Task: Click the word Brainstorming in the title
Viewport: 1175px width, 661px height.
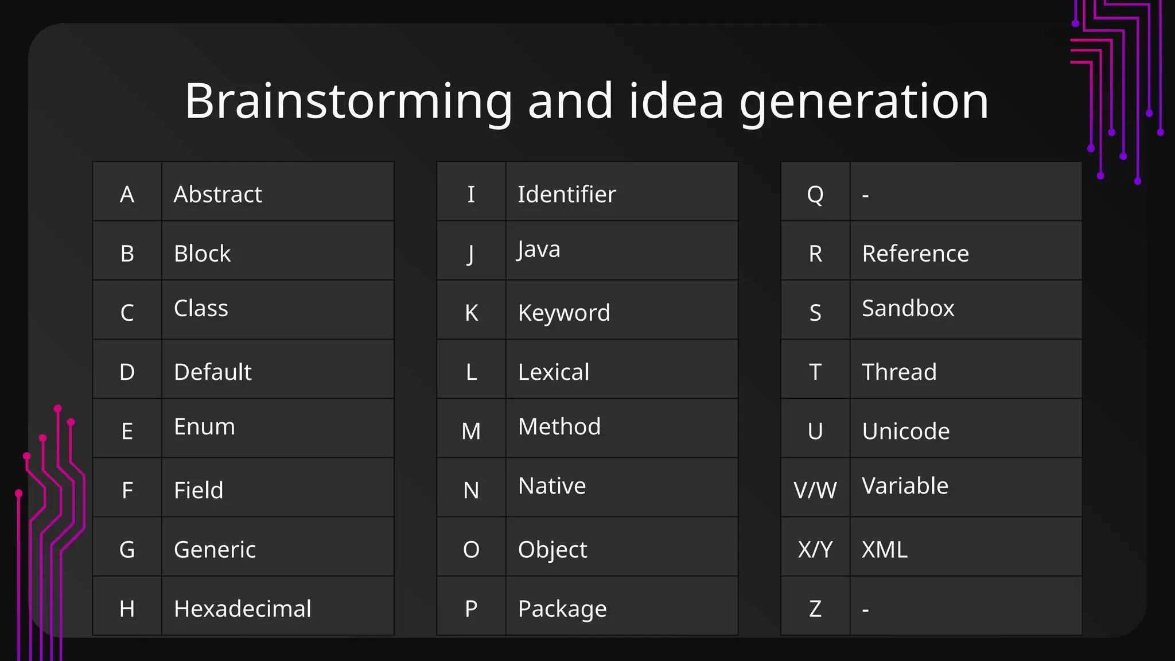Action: [x=348, y=102]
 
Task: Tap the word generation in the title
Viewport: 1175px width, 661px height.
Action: [x=863, y=102]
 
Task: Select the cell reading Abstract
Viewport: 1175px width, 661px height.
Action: [x=218, y=195]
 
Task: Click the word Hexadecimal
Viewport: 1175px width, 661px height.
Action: [x=242, y=609]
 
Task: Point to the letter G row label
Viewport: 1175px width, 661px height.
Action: [x=127, y=550]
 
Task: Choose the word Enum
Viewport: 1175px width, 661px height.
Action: [x=204, y=427]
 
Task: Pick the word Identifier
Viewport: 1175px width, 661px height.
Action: [x=566, y=195]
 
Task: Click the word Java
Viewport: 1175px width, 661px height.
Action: [x=538, y=250]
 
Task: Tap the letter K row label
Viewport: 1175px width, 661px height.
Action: [x=471, y=313]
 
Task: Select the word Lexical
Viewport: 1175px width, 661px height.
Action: [x=553, y=372]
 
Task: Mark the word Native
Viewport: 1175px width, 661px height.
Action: [x=551, y=486]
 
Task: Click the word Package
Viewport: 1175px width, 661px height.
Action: [x=562, y=609]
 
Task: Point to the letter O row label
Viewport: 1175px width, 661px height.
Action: [x=471, y=550]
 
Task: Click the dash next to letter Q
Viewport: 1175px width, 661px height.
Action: [x=865, y=196]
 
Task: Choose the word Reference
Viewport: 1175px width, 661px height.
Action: [x=915, y=254]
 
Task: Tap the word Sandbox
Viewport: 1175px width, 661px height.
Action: [x=908, y=309]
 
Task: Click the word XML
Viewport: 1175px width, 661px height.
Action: [x=884, y=550]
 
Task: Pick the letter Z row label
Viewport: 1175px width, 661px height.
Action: [x=815, y=609]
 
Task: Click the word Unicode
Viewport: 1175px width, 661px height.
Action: [x=905, y=431]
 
